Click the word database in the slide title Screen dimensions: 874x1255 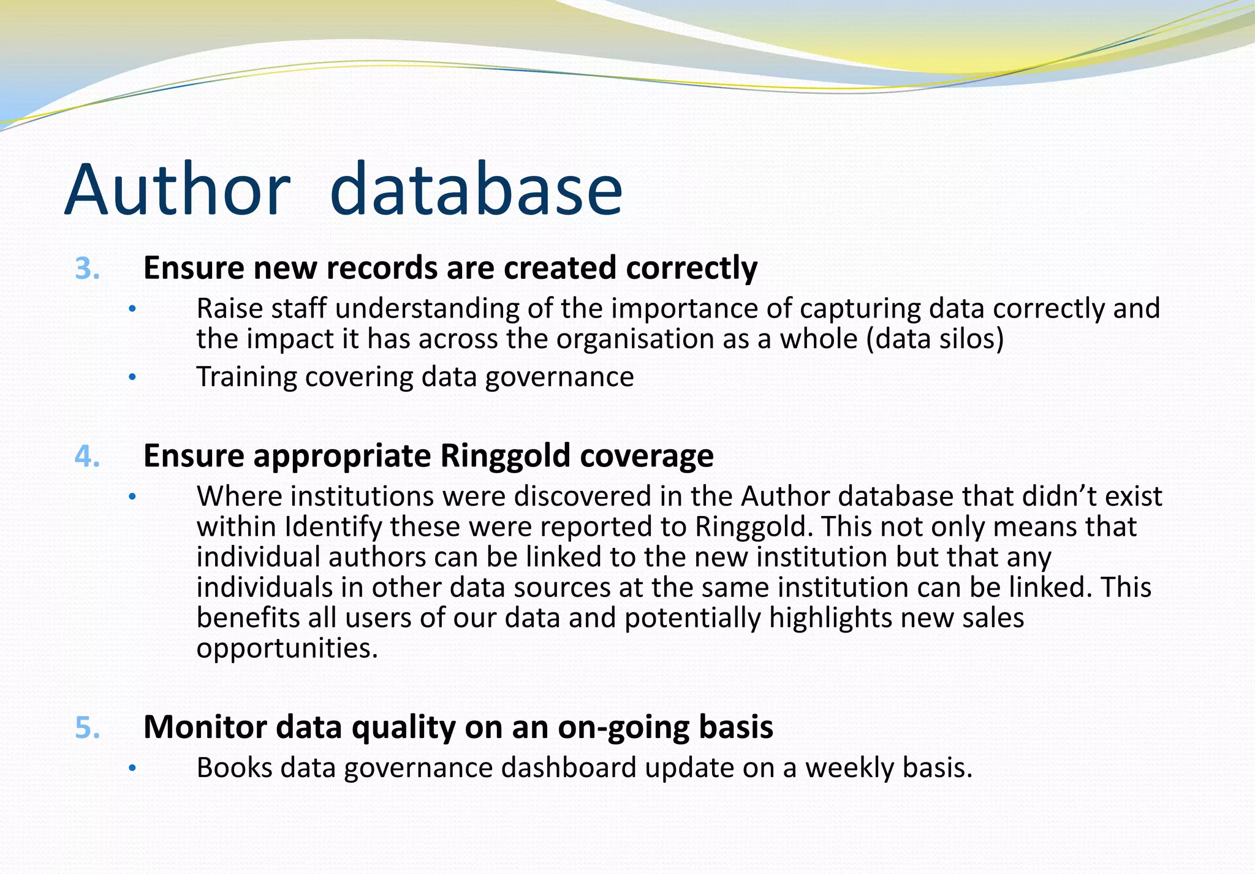point(476,190)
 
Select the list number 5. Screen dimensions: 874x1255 point(87,728)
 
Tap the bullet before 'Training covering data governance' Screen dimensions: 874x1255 point(131,378)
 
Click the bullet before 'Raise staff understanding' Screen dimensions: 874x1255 point(131,310)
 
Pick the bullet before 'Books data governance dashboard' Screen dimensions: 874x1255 point(131,769)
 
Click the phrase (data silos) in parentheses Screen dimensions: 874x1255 point(935,339)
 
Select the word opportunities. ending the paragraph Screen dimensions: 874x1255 point(287,648)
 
